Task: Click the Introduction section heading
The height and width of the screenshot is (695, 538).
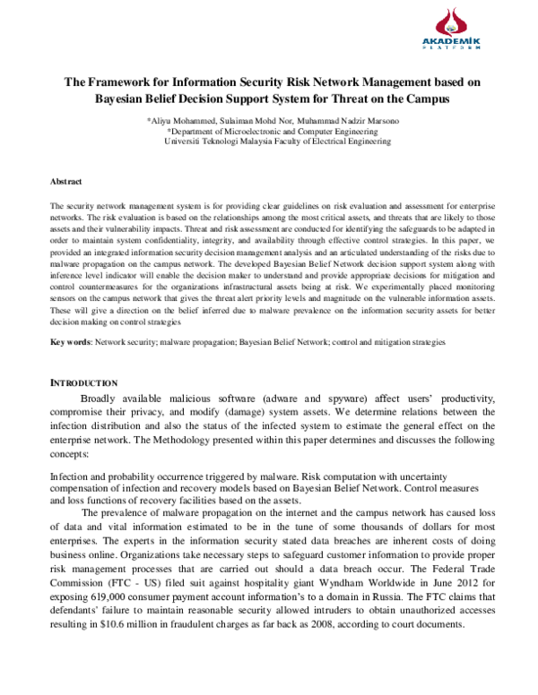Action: [84, 383]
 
